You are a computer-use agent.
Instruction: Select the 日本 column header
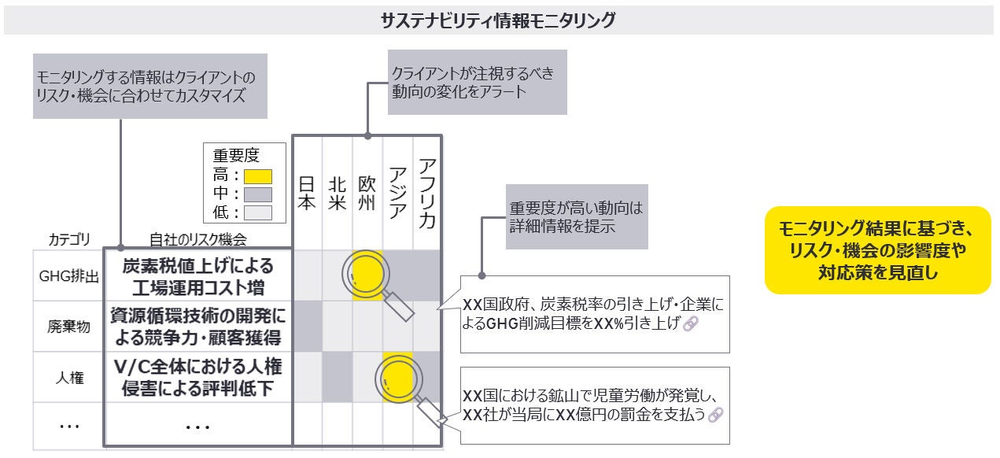click(308, 193)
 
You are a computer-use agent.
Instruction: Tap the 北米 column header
click(338, 193)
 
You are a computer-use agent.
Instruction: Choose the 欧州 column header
click(367, 193)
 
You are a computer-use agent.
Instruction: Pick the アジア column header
click(397, 193)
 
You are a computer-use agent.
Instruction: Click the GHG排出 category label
click(68, 276)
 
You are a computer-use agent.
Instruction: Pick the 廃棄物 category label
click(68, 327)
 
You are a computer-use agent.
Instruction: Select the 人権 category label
click(68, 378)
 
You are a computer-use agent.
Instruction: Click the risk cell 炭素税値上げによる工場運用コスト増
click(198, 276)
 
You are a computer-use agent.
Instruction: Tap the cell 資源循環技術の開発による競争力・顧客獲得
click(198, 327)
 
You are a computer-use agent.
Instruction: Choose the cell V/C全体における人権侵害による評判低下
click(198, 378)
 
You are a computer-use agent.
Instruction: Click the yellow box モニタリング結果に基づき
click(877, 250)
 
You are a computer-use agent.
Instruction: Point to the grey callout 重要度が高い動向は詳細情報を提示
click(576, 218)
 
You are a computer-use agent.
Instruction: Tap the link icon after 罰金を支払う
click(714, 415)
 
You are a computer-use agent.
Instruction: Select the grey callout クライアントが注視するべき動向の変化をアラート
click(477, 83)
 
